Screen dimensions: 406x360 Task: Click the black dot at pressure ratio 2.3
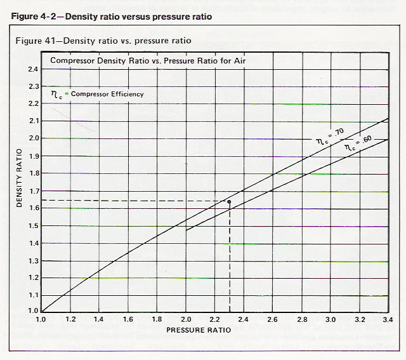click(229, 202)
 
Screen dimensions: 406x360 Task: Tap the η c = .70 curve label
click(330, 137)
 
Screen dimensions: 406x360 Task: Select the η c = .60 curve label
click(358, 143)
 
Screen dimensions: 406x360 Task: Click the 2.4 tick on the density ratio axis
click(34, 69)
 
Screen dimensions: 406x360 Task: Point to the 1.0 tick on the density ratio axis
click(34, 310)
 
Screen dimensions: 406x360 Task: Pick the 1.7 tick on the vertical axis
click(34, 191)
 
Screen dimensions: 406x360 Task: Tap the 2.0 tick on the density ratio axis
click(34, 138)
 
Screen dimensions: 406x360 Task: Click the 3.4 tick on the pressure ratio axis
click(388, 319)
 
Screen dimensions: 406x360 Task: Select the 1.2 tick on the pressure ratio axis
click(70, 319)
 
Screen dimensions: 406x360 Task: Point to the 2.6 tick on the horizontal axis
click(272, 319)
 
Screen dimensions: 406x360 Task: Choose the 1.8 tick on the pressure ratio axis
click(157, 319)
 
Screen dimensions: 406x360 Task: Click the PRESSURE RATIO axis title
click(199, 330)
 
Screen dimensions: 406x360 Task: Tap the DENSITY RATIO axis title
click(19, 178)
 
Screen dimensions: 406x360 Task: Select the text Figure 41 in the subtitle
click(36, 41)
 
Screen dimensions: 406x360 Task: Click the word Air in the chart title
click(240, 61)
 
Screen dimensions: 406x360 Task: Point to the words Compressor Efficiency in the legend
click(107, 94)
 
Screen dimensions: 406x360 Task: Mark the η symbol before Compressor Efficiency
click(55, 94)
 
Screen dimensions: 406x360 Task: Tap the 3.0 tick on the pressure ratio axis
click(331, 319)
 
